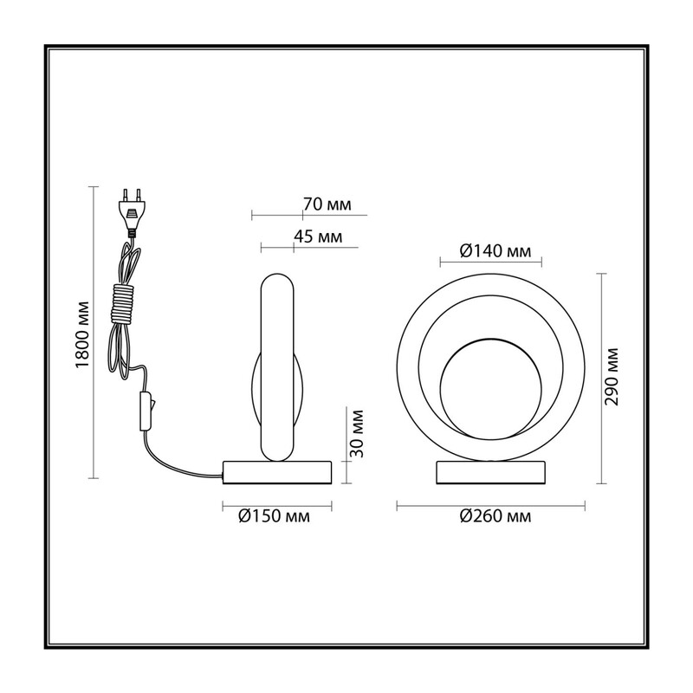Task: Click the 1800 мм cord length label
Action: click(x=82, y=334)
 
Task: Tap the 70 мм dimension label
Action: click(x=327, y=204)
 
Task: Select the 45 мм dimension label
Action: click(x=318, y=236)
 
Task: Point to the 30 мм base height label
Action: click(x=356, y=434)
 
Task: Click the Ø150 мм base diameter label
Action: click(x=274, y=515)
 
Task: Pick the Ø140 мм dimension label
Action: click(x=495, y=251)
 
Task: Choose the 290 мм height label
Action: click(x=612, y=377)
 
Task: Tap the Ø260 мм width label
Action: click(x=495, y=515)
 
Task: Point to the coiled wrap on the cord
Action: click(x=123, y=304)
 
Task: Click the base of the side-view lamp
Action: click(x=277, y=472)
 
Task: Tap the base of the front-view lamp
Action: click(x=490, y=472)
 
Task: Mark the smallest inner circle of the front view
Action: click(x=441, y=389)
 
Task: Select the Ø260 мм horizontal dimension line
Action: click(x=491, y=506)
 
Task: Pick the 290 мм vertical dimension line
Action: click(x=600, y=379)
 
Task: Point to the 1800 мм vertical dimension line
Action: click(x=93, y=333)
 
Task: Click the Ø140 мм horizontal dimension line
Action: click(x=491, y=263)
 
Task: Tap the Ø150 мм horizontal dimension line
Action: click(x=277, y=506)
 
